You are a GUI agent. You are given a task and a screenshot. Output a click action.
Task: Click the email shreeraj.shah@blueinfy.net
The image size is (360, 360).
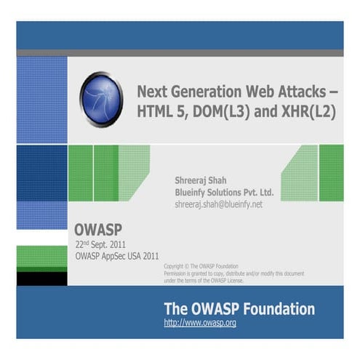[x=218, y=205]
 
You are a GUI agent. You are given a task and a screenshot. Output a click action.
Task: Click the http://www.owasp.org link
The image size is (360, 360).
[x=200, y=322]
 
